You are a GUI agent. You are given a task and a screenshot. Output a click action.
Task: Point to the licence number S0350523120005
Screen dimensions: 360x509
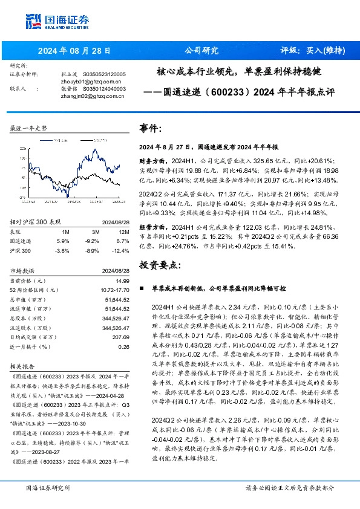[100, 74]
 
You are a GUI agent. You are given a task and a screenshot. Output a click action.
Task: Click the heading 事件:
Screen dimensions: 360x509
[151, 129]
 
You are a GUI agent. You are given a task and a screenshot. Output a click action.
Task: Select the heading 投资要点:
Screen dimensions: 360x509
[160, 265]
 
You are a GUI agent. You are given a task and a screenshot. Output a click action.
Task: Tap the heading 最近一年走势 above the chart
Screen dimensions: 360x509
[29, 129]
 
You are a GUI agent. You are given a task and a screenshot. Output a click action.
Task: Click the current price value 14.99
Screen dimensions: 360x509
[123, 279]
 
